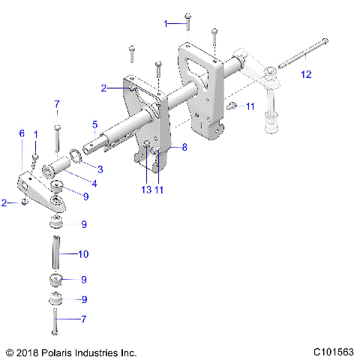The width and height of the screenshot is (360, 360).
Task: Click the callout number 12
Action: click(304, 74)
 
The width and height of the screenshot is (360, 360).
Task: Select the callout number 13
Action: click(145, 190)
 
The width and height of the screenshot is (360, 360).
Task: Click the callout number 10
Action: click(82, 254)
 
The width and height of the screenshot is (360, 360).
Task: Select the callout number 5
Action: click(94, 124)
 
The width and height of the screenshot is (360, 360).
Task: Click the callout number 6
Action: click(22, 133)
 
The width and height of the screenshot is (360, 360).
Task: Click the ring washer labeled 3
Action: click(76, 156)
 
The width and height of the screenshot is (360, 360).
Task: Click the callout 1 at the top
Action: click(166, 24)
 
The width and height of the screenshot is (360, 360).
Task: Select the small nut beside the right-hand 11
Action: click(232, 105)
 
